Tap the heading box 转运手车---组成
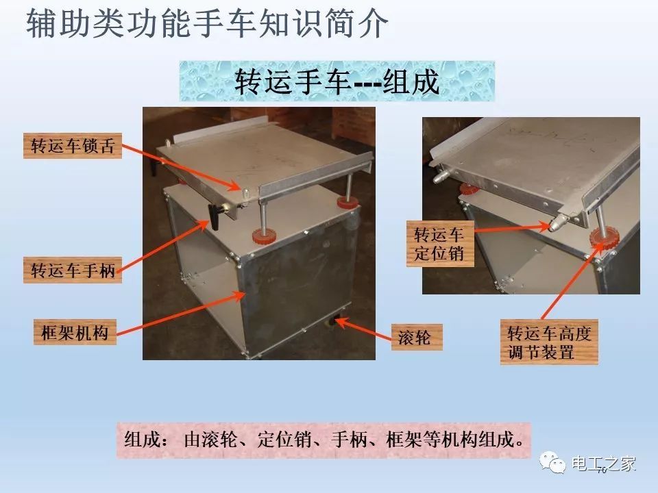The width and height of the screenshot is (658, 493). pos(337,81)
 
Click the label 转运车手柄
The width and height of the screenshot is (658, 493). pos(73,270)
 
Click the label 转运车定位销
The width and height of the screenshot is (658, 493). pos(439,244)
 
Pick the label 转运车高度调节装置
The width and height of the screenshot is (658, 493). pos(548,343)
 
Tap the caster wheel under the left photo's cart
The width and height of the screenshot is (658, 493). pos(339,320)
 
